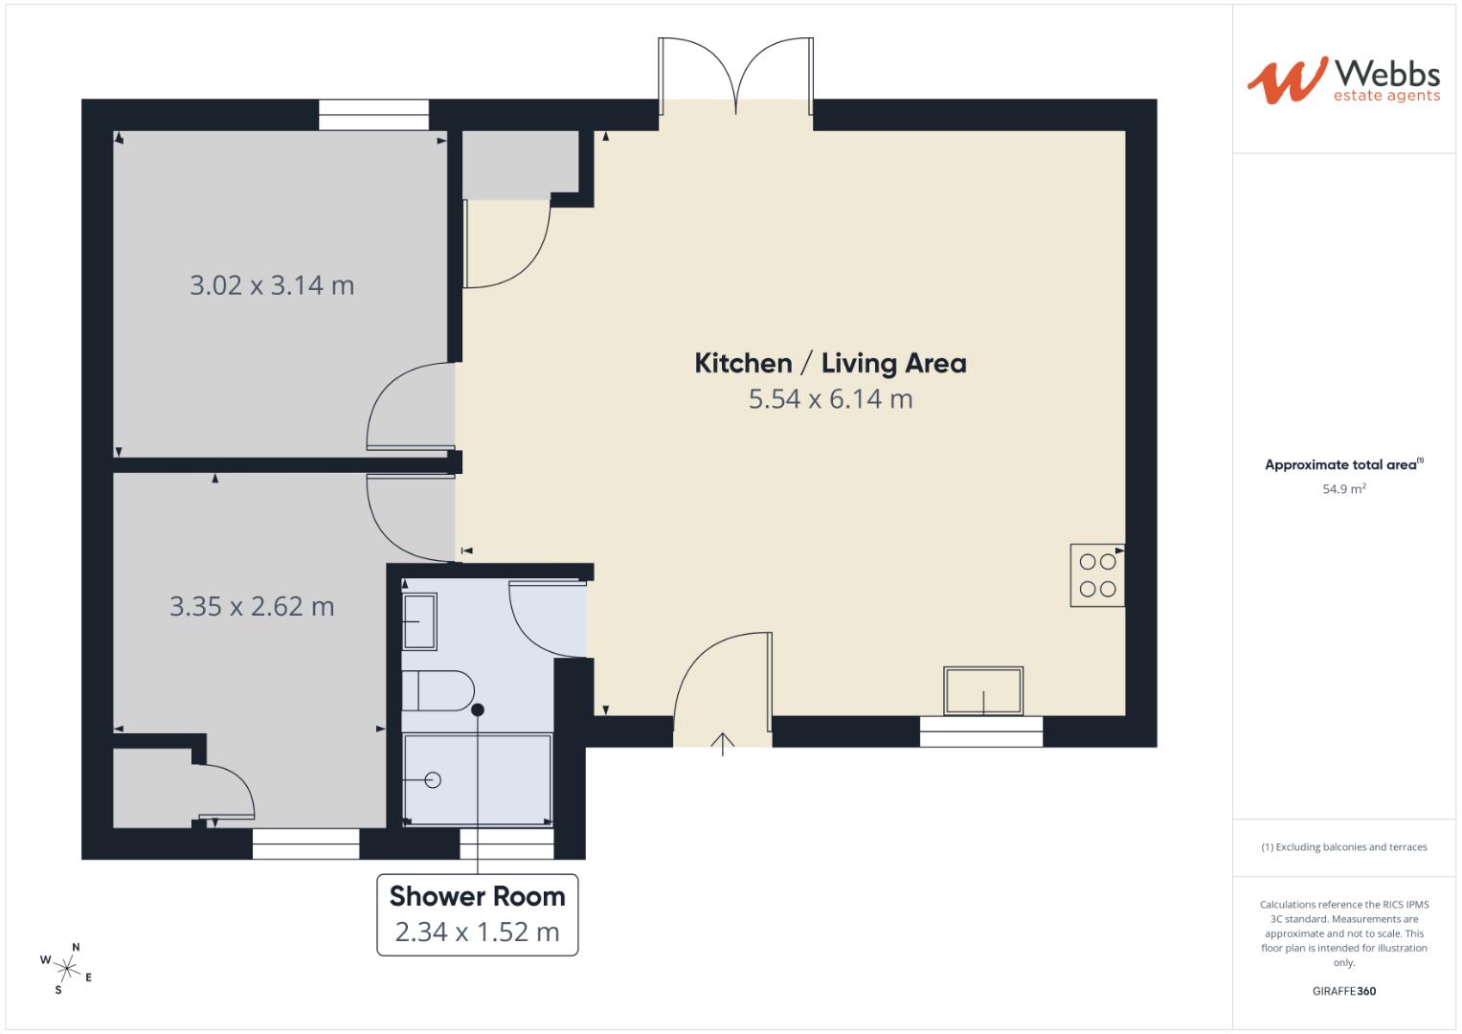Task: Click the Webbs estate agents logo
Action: coord(1342,79)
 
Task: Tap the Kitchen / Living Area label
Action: coord(829,364)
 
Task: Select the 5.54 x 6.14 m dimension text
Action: coord(830,399)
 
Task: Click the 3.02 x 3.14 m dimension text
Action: coord(272,285)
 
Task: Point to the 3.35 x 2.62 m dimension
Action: coord(252,606)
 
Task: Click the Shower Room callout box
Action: coord(477,914)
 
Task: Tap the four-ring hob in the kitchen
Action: coord(1097,575)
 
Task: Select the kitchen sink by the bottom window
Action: coord(982,691)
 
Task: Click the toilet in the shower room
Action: coord(438,690)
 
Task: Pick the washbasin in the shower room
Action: coord(418,621)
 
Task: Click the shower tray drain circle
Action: coord(432,780)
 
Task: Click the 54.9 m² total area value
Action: coord(1343,488)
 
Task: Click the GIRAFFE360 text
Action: coord(1343,991)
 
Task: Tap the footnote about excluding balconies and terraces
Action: coord(1343,847)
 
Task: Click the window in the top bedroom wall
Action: coord(373,115)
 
